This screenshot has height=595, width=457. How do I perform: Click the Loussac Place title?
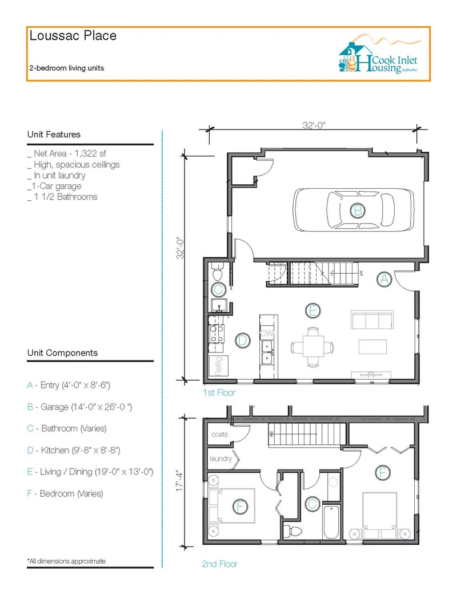(73, 36)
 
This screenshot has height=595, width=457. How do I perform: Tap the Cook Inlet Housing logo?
(378, 54)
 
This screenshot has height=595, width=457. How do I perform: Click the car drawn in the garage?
(354, 210)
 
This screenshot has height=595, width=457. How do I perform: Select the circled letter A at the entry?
(384, 280)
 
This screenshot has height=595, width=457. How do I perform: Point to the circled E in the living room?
(312, 311)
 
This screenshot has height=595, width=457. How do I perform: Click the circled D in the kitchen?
(242, 341)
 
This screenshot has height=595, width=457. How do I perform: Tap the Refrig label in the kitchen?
(218, 366)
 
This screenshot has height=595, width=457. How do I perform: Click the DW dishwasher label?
(267, 333)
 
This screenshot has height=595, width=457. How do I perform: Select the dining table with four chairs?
(312, 346)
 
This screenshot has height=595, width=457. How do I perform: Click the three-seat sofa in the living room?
(372, 320)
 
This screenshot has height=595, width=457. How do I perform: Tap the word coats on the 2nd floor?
(219, 435)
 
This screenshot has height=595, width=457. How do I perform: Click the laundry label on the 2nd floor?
(221, 459)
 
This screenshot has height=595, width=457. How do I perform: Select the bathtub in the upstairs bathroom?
(331, 521)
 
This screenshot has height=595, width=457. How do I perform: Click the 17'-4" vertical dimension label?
(180, 481)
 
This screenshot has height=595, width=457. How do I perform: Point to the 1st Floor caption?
(219, 392)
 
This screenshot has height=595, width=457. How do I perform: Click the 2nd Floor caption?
(219, 564)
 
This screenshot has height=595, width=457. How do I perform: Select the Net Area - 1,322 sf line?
(67, 153)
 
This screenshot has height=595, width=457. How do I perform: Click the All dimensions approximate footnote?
(66, 561)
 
